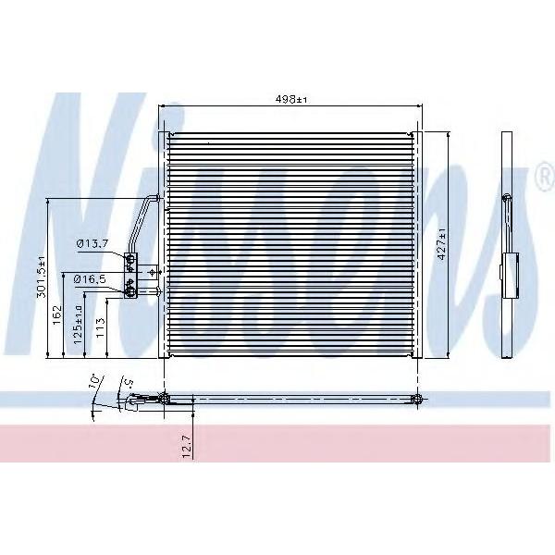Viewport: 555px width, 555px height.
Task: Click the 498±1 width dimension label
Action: (x=291, y=100)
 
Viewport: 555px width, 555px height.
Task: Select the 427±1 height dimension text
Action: (x=442, y=244)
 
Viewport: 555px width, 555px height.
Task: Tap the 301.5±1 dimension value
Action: (x=42, y=277)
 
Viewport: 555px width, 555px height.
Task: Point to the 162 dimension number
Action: (x=57, y=315)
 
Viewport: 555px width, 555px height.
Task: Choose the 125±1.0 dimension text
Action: (x=78, y=325)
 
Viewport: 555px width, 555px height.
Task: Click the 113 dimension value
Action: (x=101, y=327)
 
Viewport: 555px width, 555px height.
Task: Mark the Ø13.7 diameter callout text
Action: (x=92, y=243)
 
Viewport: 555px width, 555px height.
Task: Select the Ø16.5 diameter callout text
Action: (x=90, y=279)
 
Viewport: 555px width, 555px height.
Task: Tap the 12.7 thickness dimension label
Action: (x=187, y=447)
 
